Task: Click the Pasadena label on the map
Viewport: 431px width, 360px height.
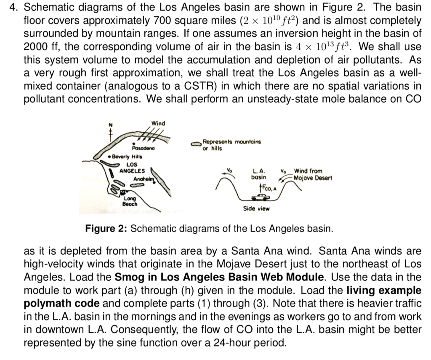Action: click(144, 148)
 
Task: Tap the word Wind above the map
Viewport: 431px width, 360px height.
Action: click(158, 123)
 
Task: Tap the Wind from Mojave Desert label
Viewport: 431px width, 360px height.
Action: click(313, 174)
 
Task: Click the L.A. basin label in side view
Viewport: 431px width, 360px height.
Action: click(258, 174)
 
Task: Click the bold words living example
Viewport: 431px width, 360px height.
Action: click(383, 290)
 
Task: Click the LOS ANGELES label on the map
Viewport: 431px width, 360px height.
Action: click(132, 168)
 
